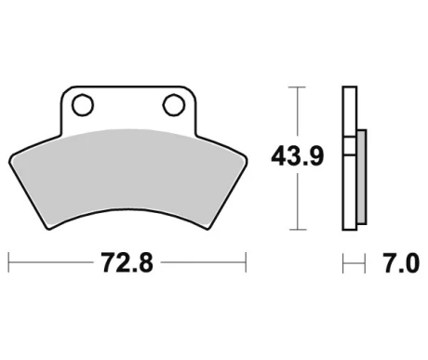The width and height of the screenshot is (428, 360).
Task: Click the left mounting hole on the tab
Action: [x=82, y=102]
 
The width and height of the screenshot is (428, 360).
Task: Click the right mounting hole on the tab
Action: [x=172, y=102]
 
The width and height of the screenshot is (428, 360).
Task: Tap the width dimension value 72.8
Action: [x=127, y=264]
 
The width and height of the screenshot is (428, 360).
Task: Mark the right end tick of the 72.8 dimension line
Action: [x=247, y=264]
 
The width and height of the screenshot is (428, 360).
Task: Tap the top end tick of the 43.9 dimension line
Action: [x=296, y=87]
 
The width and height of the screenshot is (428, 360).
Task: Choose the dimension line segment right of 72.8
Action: [x=205, y=264]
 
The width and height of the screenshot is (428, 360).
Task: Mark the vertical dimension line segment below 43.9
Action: [x=296, y=200]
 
